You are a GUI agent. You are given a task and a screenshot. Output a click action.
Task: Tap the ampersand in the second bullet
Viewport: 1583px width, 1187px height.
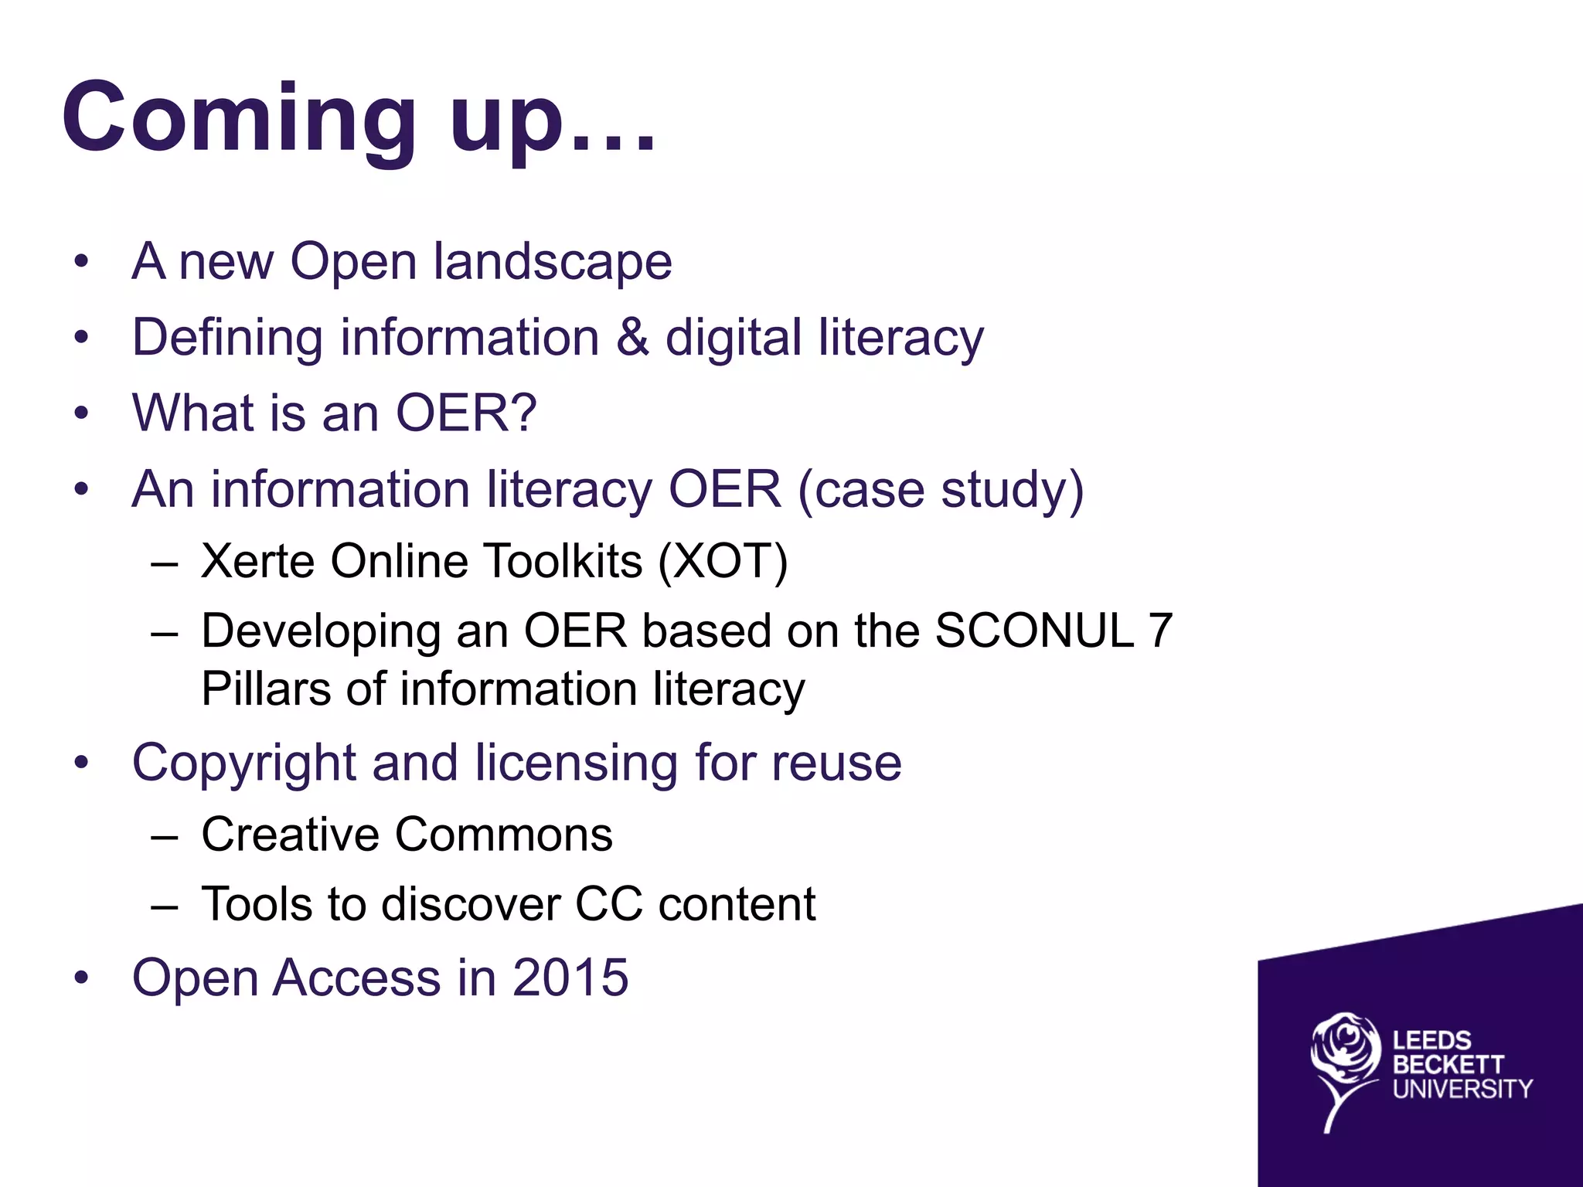coord(632,338)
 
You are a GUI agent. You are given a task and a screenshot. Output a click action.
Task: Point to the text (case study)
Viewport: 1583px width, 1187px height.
coord(940,490)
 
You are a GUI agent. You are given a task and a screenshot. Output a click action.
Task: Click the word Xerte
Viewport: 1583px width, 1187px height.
coord(258,560)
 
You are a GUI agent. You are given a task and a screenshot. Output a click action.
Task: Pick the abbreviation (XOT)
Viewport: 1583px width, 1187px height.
coord(723,561)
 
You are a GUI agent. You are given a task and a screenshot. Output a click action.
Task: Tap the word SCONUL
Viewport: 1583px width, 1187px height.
coord(1034,631)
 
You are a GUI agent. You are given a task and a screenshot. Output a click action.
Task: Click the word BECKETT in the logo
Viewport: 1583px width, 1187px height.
coord(1449,1065)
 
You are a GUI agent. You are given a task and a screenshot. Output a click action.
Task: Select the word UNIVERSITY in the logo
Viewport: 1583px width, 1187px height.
coord(1462,1089)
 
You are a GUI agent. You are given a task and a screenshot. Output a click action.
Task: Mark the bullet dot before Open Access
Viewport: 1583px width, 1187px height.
coord(81,978)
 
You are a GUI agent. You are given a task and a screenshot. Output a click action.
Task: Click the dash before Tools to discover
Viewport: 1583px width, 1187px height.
coord(165,905)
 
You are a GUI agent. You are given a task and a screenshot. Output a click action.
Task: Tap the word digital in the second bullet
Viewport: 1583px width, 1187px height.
coord(733,338)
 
